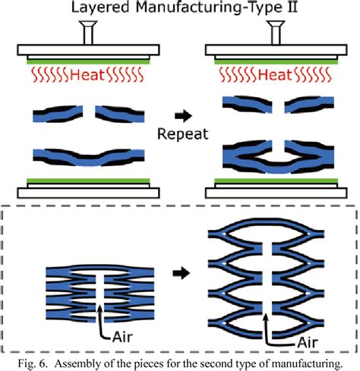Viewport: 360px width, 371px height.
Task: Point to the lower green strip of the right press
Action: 271,181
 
